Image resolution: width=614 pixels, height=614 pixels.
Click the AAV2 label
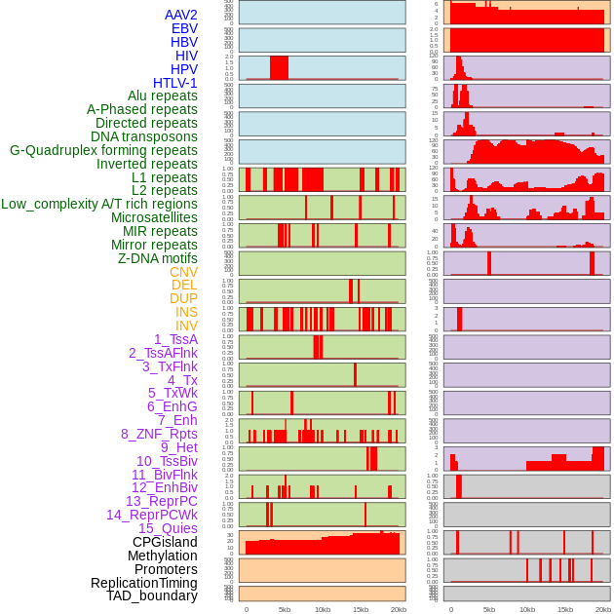point(181,15)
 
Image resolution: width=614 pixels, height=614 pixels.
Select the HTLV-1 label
point(175,83)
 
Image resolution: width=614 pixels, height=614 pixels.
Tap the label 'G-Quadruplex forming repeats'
point(103,150)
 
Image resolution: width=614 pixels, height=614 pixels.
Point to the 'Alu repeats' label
point(163,96)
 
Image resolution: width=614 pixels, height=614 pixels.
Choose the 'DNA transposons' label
point(144,136)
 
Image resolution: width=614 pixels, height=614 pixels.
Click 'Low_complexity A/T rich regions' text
point(99,204)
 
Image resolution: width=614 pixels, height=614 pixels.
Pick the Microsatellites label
point(154,217)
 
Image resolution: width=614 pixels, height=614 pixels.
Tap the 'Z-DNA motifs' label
point(158,258)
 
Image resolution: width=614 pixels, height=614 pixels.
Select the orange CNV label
point(183,272)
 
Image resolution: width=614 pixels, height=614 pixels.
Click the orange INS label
point(186,312)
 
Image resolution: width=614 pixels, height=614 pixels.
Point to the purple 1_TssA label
point(175,339)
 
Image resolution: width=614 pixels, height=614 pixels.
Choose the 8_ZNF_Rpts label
point(159,434)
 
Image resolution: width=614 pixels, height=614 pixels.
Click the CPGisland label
point(165,542)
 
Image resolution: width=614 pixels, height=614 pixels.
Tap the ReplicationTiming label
point(144,583)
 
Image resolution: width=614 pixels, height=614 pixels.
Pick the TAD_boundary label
point(151,595)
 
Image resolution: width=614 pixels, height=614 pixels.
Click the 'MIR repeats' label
point(163,231)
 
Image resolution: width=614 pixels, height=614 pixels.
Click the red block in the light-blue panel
point(279,67)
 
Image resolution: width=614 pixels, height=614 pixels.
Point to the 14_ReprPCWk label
point(152,515)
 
